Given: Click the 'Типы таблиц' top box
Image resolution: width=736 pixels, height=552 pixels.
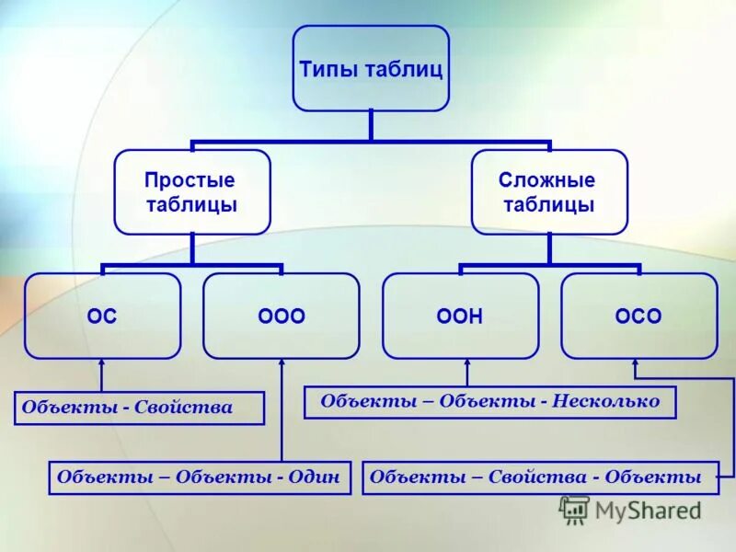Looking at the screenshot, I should [371, 68].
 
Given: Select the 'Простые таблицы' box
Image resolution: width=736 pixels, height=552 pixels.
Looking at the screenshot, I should [191, 192].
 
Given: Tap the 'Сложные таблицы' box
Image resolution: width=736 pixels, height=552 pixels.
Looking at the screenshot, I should [549, 192].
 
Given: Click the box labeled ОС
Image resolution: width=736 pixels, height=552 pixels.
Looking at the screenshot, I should [102, 316].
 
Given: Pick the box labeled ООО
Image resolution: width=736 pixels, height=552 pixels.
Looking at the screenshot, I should [281, 316].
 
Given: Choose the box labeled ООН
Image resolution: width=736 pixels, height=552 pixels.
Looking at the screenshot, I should [460, 316].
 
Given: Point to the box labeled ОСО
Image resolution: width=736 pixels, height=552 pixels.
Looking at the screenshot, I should [638, 316].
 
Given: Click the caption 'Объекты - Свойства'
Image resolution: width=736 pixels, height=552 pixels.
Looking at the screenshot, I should [139, 408].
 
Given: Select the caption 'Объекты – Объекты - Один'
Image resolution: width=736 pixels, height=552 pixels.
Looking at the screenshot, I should [200, 477].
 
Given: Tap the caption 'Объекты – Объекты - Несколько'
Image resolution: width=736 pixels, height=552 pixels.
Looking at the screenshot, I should [489, 401].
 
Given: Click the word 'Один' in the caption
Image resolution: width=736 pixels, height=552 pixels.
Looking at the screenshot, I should [316, 477].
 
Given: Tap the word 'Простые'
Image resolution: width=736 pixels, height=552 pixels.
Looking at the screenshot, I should [190, 180].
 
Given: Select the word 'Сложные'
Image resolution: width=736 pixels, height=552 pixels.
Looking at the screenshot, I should [548, 180].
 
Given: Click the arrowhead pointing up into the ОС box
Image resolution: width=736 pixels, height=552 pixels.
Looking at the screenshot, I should [102, 364].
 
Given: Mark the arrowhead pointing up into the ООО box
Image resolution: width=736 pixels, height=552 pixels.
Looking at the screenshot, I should [281, 364].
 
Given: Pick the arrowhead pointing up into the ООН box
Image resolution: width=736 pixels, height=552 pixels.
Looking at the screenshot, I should [467, 364].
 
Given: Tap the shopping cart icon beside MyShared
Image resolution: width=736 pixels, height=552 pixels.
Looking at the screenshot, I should [574, 510].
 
